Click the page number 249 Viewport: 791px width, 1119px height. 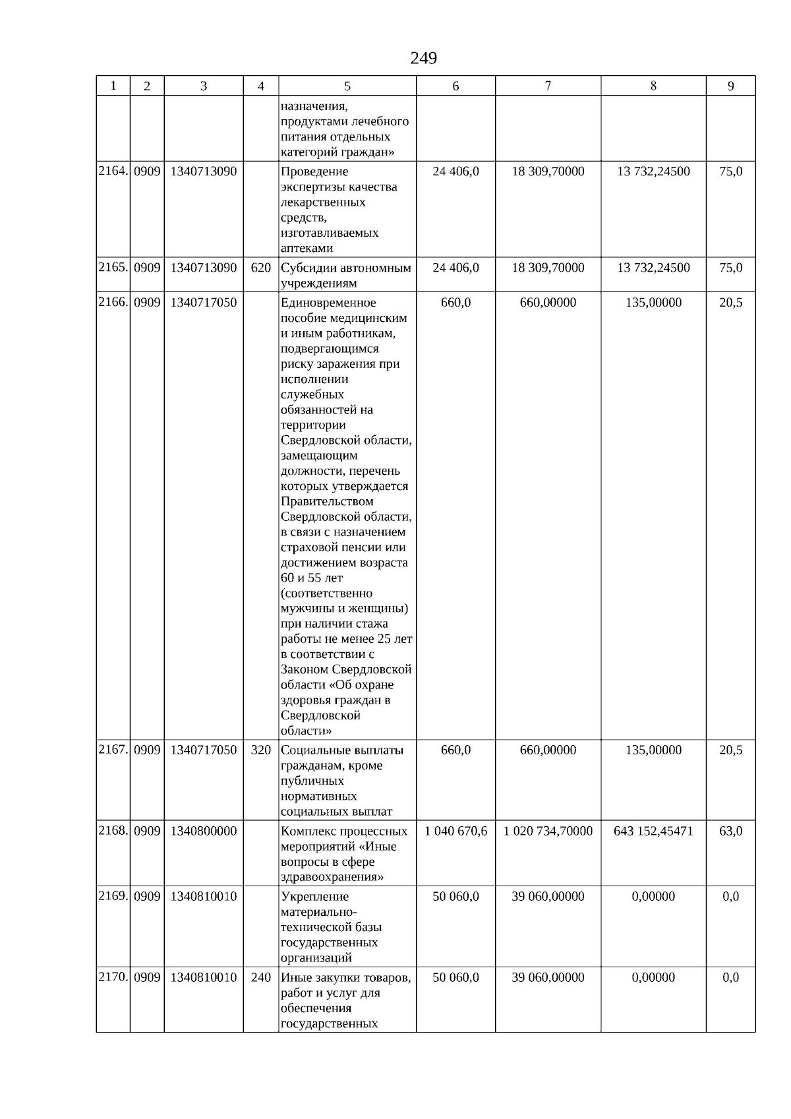click(423, 59)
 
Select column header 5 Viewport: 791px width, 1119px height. click(347, 86)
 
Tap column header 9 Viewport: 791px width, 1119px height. click(730, 86)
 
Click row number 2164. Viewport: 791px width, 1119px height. click(113, 171)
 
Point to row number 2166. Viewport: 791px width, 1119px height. click(113, 303)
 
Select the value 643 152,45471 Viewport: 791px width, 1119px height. click(653, 832)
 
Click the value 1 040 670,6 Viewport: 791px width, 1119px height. click(455, 832)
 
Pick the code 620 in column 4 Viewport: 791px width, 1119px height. click(261, 268)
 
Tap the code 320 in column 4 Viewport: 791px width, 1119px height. click(261, 750)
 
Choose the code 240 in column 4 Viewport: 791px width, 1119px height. click(261, 978)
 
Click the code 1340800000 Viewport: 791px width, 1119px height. click(203, 832)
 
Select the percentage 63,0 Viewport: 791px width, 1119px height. click(730, 832)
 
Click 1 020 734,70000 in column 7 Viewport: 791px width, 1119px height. click(548, 832)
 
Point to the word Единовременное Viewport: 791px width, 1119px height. click(328, 303)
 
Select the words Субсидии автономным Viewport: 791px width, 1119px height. click(346, 268)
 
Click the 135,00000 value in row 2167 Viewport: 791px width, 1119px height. click(653, 750)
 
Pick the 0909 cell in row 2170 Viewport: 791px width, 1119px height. click(147, 978)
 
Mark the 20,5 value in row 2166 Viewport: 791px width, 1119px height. click(730, 303)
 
